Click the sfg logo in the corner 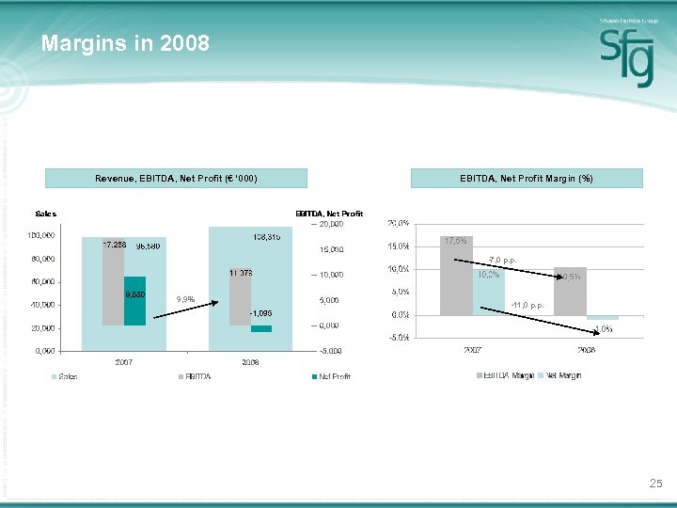click(x=626, y=56)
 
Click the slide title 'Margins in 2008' click(x=125, y=43)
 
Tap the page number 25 click(x=655, y=484)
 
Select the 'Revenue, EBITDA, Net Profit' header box click(x=177, y=178)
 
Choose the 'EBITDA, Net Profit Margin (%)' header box click(x=527, y=178)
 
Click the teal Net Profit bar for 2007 click(x=134, y=301)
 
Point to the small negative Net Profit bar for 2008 click(x=260, y=328)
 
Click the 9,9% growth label click(x=185, y=300)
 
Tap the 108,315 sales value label click(x=266, y=236)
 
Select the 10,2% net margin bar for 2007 click(x=488, y=292)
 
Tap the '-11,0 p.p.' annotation click(x=527, y=306)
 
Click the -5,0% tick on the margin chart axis click(x=397, y=338)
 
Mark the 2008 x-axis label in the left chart click(x=250, y=362)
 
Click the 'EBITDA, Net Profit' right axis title click(x=329, y=214)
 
